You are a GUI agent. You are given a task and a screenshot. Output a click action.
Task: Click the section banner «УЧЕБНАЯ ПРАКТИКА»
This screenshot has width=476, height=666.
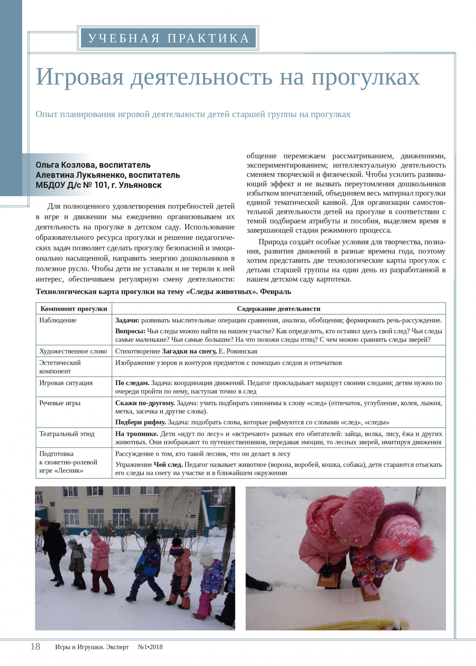pyautogui.click(x=168, y=38)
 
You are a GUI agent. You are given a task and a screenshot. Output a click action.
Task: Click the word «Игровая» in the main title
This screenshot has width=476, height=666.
pyautogui.click(x=80, y=77)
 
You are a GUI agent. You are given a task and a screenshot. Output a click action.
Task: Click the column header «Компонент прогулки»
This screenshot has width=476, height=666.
pyautogui.click(x=74, y=308)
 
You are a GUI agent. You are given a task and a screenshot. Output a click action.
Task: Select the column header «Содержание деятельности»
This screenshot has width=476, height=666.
pyautogui.click(x=279, y=308)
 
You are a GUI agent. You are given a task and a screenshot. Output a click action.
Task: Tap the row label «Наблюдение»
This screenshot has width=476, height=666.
pyautogui.click(x=58, y=320)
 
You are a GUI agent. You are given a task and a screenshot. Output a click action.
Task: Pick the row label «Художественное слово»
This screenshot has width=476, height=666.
pyautogui.click(x=73, y=351)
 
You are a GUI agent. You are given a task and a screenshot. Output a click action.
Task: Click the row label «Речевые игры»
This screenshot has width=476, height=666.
pyautogui.click(x=60, y=403)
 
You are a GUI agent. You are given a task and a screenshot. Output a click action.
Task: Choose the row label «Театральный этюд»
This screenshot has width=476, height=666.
pyautogui.click(x=67, y=434)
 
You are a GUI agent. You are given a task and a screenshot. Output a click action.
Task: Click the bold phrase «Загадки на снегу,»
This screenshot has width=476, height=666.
pyautogui.click(x=189, y=351)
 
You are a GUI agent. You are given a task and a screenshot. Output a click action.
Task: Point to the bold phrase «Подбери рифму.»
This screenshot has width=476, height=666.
pyautogui.click(x=140, y=422)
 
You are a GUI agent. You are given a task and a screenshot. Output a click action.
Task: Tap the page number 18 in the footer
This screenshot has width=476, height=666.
pyautogui.click(x=35, y=646)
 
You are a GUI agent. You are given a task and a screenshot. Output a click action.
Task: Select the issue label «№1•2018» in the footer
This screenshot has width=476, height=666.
pyautogui.click(x=150, y=647)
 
